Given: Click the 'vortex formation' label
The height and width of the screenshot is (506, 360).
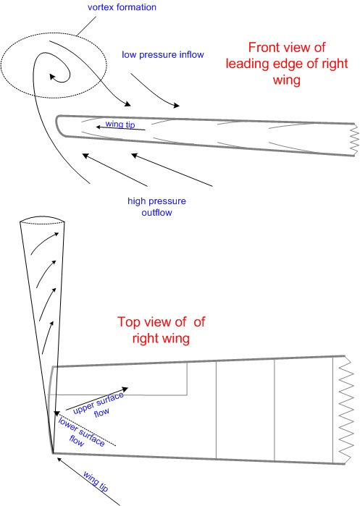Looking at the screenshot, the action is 122,7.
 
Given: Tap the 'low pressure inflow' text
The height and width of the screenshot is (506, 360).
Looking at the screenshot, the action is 163,55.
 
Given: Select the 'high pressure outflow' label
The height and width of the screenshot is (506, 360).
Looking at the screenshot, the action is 156,206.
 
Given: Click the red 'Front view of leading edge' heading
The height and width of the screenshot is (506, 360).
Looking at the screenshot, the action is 287,64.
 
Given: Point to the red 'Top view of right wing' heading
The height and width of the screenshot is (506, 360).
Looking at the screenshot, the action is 161,330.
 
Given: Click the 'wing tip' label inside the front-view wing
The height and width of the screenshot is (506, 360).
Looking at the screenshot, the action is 120,124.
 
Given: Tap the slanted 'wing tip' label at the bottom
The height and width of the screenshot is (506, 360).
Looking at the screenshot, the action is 96,481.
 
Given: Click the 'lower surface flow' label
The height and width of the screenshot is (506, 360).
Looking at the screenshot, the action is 81,431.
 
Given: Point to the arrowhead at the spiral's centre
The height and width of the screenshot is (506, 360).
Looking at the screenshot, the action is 52,77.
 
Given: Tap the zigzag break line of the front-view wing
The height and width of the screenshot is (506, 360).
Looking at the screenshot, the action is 355,140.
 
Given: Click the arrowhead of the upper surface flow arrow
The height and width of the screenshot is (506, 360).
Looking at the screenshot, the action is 124,389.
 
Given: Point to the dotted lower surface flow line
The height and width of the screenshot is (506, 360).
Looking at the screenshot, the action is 87,429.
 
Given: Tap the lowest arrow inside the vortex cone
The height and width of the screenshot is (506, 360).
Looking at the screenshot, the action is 47,337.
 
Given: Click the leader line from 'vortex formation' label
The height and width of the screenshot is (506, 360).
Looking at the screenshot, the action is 86,26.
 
